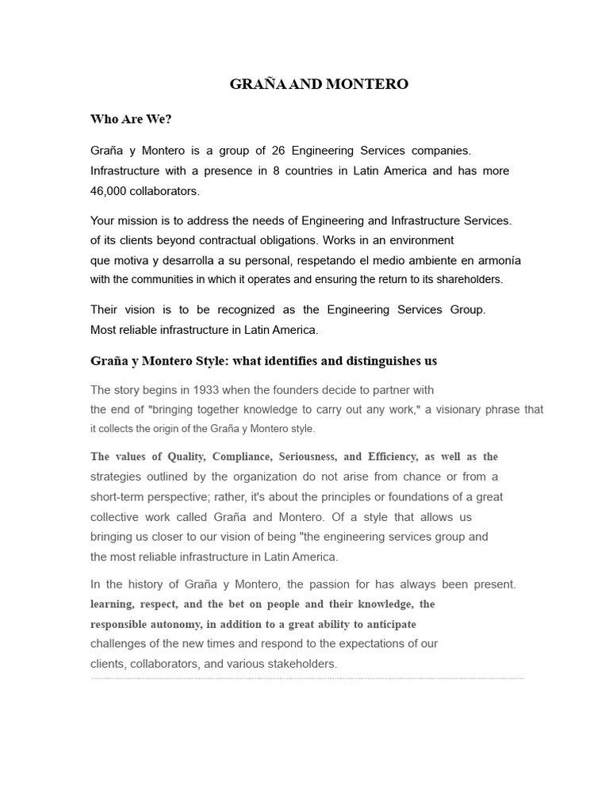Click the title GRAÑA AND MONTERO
coord(319,84)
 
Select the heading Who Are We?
coord(131,120)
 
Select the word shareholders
coord(468,279)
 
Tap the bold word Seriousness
coord(307,457)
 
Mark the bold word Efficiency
coord(393,457)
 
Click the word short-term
coord(119,497)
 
